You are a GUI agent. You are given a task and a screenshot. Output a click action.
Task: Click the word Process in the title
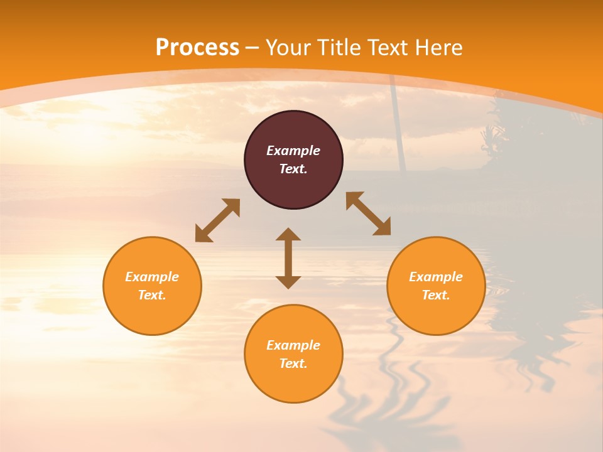point(197,48)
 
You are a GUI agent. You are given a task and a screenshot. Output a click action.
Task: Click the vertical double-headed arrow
point(288,259)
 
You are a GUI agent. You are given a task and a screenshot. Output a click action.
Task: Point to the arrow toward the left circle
point(217,220)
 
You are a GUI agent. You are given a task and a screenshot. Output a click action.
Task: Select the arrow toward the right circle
point(368,213)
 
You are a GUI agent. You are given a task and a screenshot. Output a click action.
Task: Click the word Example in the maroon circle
point(293,151)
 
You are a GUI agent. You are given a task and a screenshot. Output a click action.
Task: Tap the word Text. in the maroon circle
point(293,169)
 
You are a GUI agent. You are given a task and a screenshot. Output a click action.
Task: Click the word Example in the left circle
point(152,277)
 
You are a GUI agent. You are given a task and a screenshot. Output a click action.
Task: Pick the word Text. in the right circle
point(436,295)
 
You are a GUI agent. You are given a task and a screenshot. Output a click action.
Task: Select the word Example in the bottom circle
point(293,345)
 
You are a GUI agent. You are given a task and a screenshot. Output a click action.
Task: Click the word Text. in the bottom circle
point(293,363)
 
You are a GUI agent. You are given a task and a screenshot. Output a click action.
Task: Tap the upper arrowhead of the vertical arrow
point(288,235)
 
